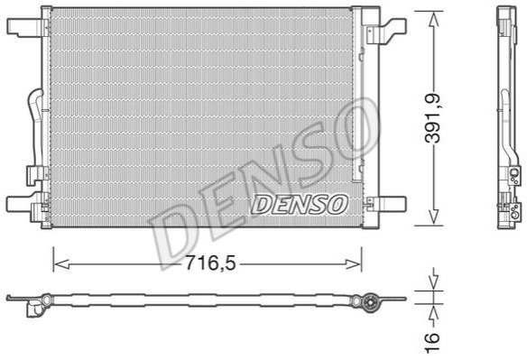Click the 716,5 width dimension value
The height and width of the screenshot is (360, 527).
tap(211, 263)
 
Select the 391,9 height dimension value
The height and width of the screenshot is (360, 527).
tap(433, 118)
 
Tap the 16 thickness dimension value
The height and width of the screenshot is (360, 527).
tap(433, 342)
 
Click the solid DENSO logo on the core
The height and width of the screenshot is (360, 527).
tap(299, 204)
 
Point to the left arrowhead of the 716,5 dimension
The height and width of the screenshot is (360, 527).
tap(61, 264)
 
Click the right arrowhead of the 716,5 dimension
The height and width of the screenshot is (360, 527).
tap(354, 264)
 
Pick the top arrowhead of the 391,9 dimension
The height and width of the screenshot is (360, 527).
tap(433, 20)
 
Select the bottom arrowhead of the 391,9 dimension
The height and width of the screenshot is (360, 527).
tap(433, 217)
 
